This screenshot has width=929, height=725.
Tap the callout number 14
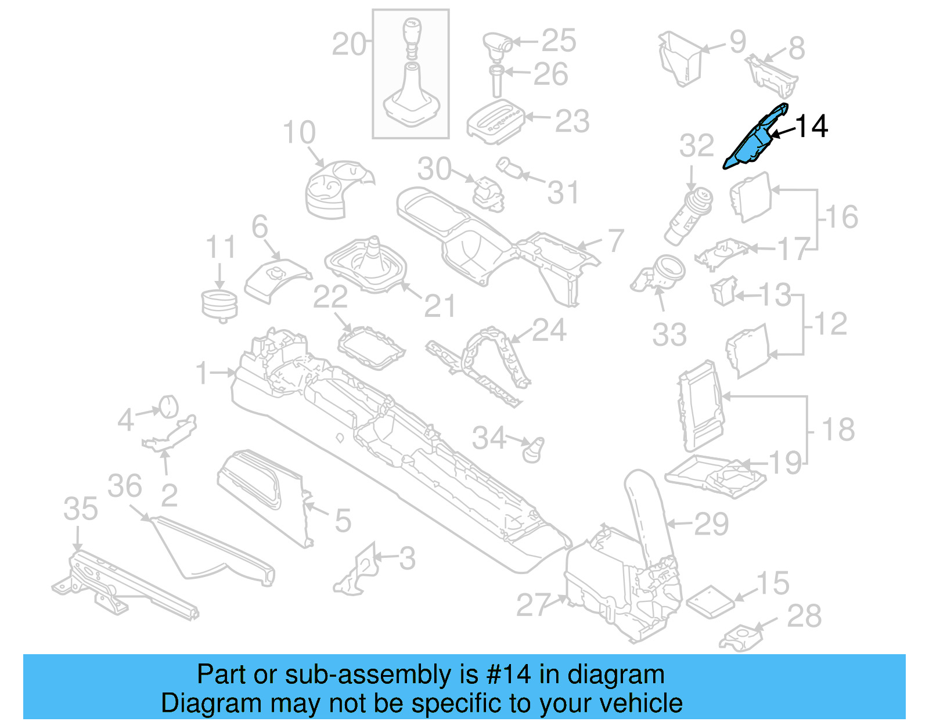tap(811, 126)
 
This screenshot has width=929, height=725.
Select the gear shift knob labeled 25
tap(497, 45)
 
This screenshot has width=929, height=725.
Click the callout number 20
tap(349, 44)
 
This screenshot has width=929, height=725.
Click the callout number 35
tap(81, 509)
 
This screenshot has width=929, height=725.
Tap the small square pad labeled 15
tap(710, 600)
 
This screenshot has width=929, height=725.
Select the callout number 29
tap(711, 524)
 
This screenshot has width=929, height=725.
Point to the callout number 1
tap(202, 373)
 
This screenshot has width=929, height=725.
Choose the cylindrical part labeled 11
tap(219, 305)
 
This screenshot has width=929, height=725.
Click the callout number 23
tap(572, 121)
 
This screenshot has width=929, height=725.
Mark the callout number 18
tap(838, 430)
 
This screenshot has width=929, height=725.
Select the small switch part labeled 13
tap(724, 290)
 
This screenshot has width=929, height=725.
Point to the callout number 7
tap(615, 240)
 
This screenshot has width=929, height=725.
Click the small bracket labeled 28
tap(740, 639)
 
